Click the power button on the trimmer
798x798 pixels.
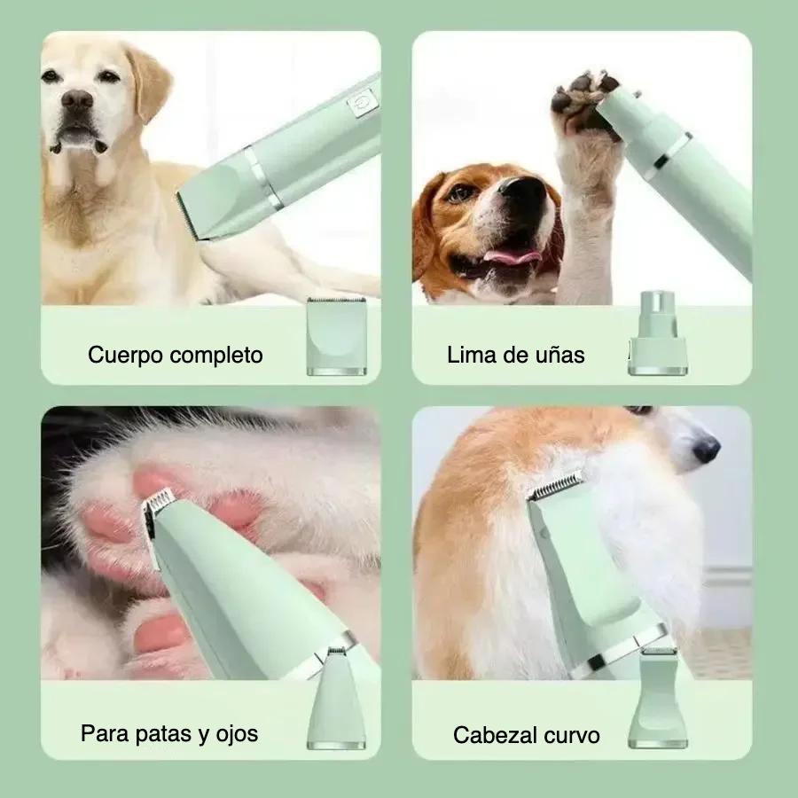pyautogui.click(x=362, y=102)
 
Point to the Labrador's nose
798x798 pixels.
pyautogui.click(x=77, y=99)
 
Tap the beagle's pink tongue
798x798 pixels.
pyautogui.click(x=511, y=254)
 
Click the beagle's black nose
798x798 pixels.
pyautogui.click(x=522, y=189)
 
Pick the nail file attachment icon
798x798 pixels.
pyautogui.click(x=658, y=333)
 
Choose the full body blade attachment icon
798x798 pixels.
pyautogui.click(x=336, y=336)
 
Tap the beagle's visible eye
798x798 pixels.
pyautogui.click(x=460, y=193)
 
